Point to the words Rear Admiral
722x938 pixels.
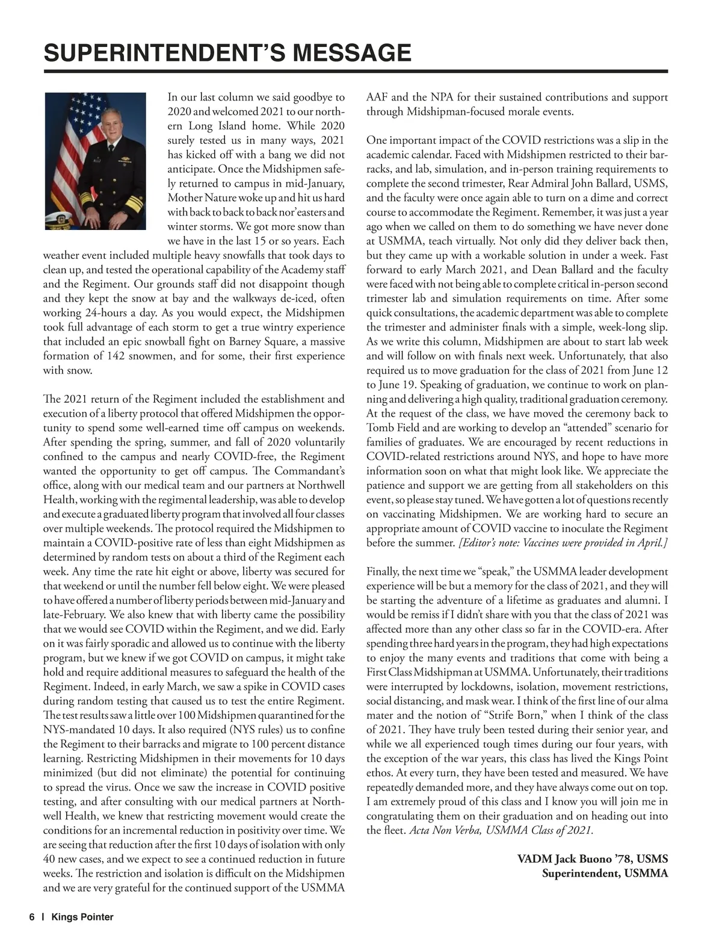pos(541,184)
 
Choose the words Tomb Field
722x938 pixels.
pos(392,428)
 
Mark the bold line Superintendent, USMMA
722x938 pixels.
pos(605,874)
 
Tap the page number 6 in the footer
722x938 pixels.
pos(31,918)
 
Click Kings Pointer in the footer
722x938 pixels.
pos(82,918)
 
